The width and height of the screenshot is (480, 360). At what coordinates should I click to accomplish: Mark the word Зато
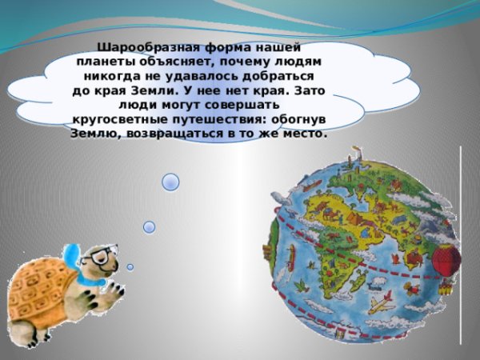tap(314, 90)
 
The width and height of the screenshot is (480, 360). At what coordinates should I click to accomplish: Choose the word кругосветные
tap(124, 119)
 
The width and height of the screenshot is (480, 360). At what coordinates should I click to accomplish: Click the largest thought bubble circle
tap(170, 182)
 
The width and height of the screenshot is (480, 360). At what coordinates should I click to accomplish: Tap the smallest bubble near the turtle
tap(130, 266)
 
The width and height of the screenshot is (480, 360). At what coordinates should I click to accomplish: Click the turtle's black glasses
tap(101, 257)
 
